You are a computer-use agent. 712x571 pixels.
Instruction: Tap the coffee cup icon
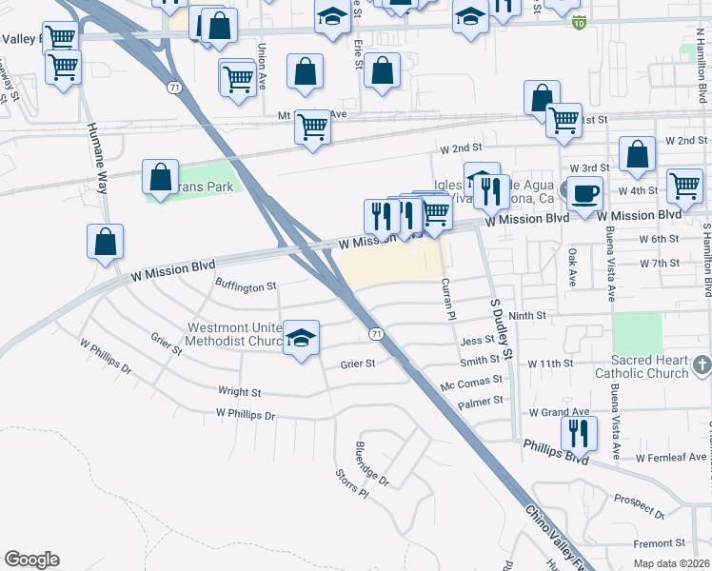[583, 193]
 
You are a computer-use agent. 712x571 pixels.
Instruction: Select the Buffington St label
[246, 285]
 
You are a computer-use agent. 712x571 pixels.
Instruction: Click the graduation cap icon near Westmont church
[301, 340]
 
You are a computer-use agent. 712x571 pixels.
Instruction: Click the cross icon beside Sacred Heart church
[702, 365]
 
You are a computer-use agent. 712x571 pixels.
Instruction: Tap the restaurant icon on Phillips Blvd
[579, 434]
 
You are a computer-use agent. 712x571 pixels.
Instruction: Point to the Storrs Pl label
[351, 483]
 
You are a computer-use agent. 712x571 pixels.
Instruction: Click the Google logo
[31, 560]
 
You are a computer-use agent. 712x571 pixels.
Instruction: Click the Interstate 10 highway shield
[580, 23]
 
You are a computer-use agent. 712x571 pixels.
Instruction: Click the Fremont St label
[654, 543]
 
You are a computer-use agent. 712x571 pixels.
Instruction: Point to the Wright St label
[239, 391]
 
